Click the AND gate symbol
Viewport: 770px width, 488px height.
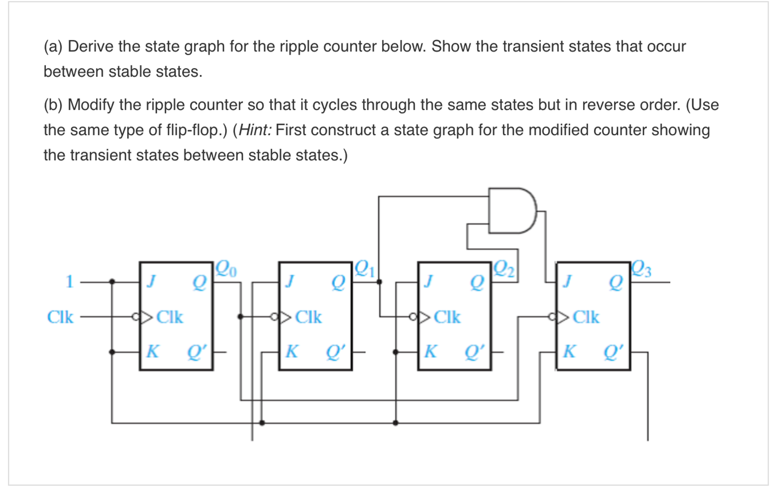click(512, 211)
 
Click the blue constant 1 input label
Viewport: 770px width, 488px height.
click(70, 281)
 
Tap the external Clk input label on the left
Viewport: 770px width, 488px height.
click(60, 317)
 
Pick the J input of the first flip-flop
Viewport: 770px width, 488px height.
click(151, 281)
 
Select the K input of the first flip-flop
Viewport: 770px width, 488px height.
click(152, 351)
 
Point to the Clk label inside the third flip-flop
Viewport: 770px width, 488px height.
click(447, 317)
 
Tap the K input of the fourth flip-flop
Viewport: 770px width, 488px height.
click(569, 351)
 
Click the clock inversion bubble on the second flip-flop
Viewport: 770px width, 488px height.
click(274, 317)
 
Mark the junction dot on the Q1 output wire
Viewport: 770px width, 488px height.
click(379, 281)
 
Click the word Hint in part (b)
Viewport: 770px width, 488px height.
click(254, 130)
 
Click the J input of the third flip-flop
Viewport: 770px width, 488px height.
click(428, 281)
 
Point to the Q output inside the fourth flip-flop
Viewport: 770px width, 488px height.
click(616, 282)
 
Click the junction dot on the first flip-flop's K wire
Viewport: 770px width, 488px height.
click(112, 352)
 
